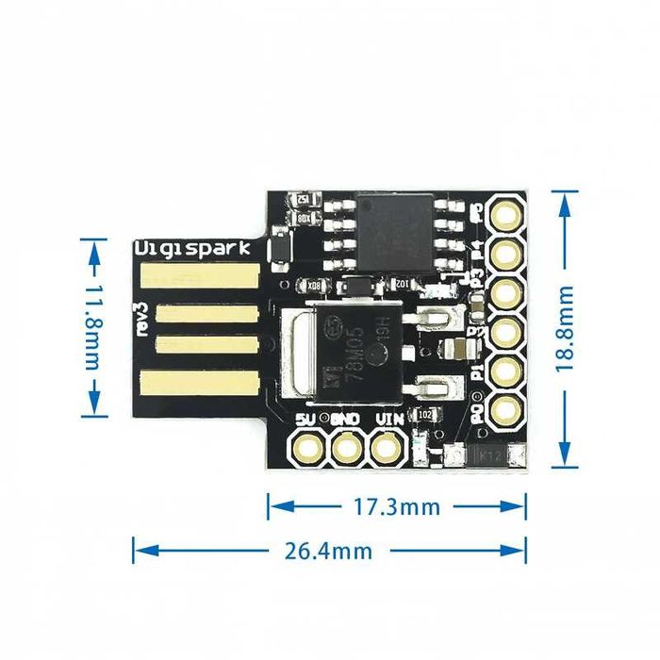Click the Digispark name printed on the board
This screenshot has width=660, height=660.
click(x=192, y=249)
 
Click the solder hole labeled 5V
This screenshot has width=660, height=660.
click(x=307, y=447)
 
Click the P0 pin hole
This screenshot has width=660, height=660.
click(x=505, y=407)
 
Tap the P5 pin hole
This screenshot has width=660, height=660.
click(x=505, y=213)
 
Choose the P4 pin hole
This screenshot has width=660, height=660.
click(x=505, y=252)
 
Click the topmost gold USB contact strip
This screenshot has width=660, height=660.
click(x=199, y=275)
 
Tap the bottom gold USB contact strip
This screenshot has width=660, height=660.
click(x=199, y=384)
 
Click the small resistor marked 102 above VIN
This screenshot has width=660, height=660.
click(x=424, y=414)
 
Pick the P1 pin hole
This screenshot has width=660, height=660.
click(x=505, y=369)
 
